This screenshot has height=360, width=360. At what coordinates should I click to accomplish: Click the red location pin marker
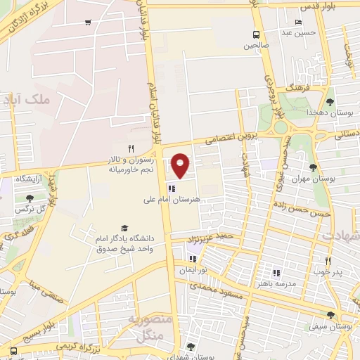point(181,165)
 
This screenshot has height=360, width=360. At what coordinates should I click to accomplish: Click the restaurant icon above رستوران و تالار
point(131,148)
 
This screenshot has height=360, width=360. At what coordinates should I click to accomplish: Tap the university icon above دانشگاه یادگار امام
point(124,228)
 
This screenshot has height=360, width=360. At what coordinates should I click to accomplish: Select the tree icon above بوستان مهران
point(312,167)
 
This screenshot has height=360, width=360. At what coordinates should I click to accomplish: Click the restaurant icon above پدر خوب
point(328,260)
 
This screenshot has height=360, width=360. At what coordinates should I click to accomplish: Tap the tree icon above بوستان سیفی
point(330,316)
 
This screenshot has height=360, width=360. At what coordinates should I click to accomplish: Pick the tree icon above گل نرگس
point(29,199)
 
